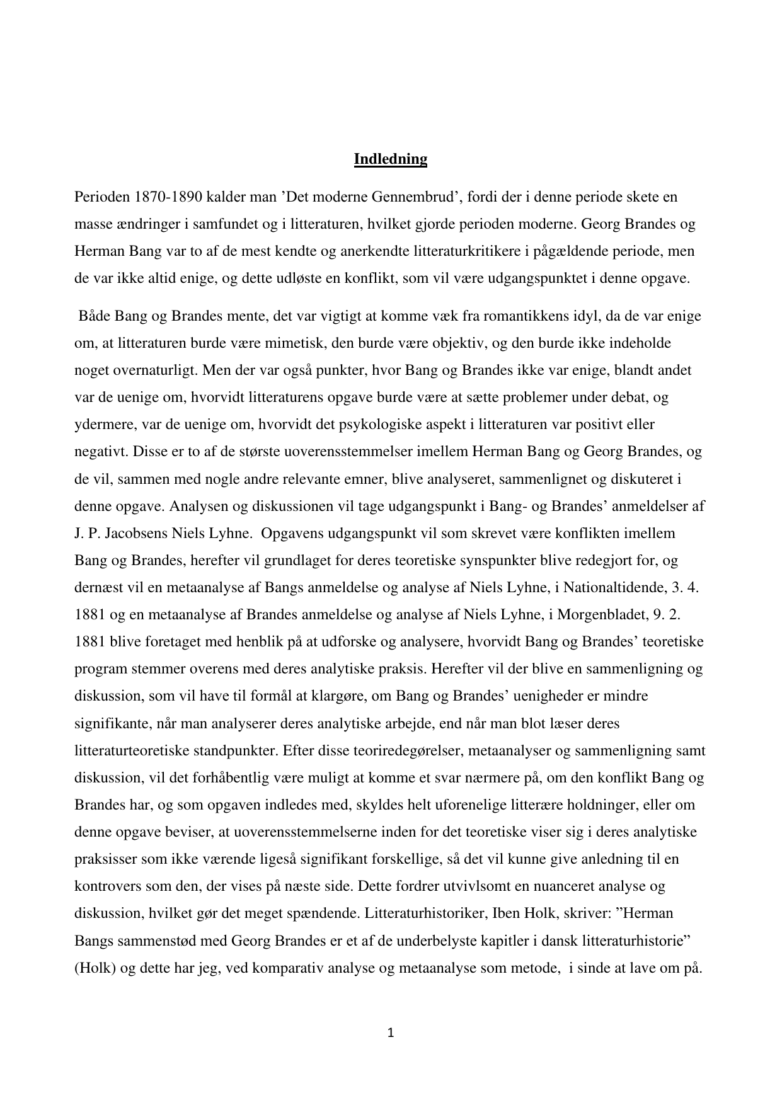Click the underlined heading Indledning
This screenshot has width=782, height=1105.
coord(390,159)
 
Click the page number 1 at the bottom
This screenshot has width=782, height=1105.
coord(391,1033)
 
